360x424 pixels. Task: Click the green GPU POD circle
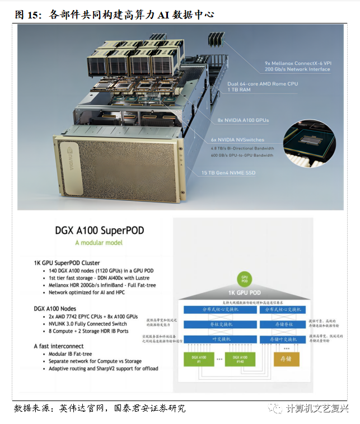coord(244,278)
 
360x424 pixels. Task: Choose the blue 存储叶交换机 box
coord(282,338)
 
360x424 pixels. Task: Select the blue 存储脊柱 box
coord(282,323)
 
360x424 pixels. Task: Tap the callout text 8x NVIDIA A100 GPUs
coord(243,120)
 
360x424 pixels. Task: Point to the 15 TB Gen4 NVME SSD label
coord(228,173)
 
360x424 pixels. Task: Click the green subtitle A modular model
coord(99,243)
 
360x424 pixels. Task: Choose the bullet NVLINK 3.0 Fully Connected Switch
coord(88,323)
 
